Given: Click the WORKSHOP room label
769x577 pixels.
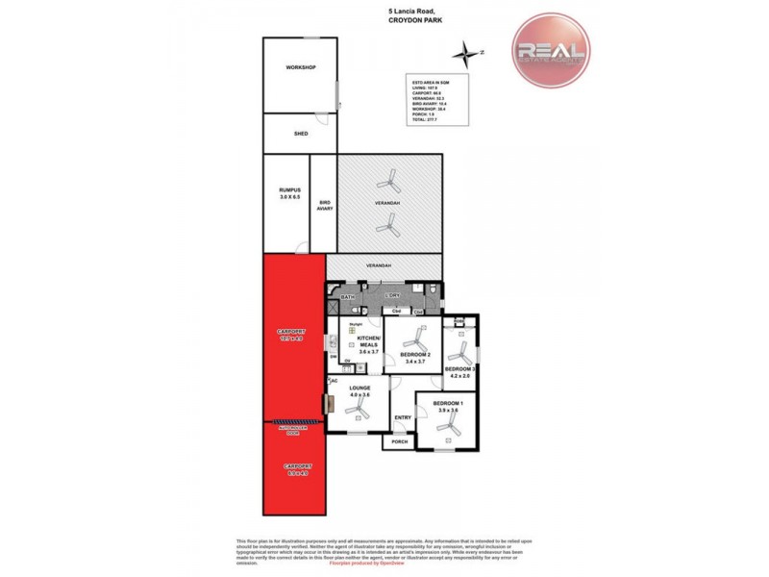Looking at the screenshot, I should pyautogui.click(x=300, y=67).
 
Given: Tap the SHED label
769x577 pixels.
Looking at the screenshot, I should pyautogui.click(x=300, y=134).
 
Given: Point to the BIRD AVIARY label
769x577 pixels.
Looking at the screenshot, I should pyautogui.click(x=324, y=205).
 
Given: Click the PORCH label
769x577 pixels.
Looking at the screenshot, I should pyautogui.click(x=398, y=442).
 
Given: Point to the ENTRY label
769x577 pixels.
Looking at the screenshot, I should pyautogui.click(x=403, y=417).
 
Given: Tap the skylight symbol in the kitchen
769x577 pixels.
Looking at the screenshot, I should pyautogui.click(x=339, y=330).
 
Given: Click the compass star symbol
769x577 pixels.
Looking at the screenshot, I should pyautogui.click(x=468, y=52).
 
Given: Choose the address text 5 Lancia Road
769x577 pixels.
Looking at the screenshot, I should pyautogui.click(x=390, y=13).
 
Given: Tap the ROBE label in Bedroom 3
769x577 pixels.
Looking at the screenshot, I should pyautogui.click(x=459, y=321).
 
